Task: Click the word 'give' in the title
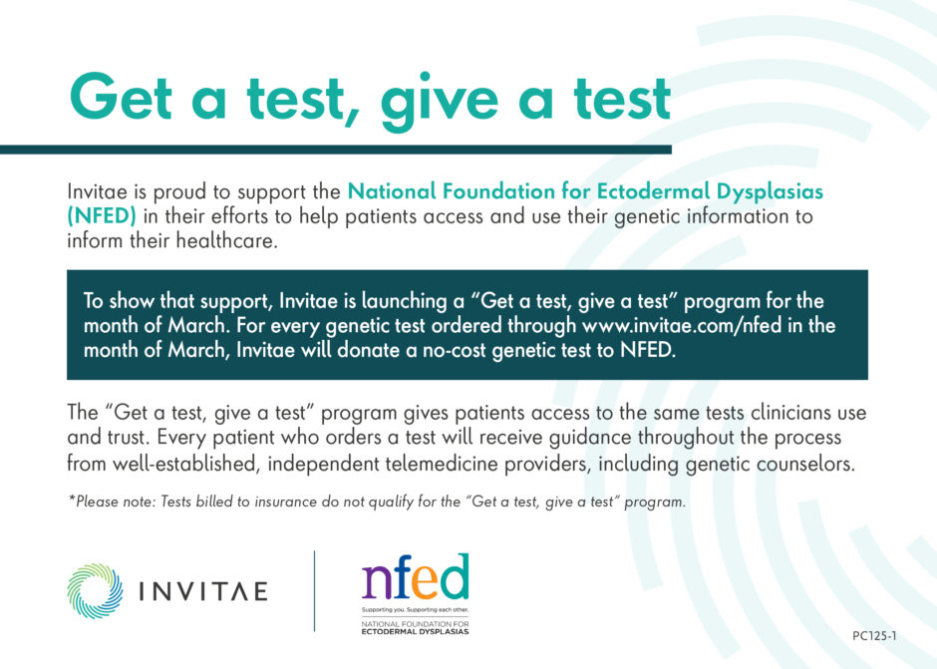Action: [428, 100]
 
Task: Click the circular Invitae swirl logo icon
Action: [96, 591]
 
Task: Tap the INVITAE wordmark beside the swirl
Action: [202, 591]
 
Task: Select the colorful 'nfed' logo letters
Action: [415, 577]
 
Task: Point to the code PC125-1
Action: [875, 635]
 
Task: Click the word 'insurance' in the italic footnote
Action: [276, 502]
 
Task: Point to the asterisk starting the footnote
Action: [71, 501]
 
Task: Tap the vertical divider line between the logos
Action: [315, 590]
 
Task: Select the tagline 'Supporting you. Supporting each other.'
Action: [415, 607]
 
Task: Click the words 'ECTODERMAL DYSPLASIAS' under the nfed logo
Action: [415, 630]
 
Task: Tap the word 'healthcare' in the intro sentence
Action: [226, 240]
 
